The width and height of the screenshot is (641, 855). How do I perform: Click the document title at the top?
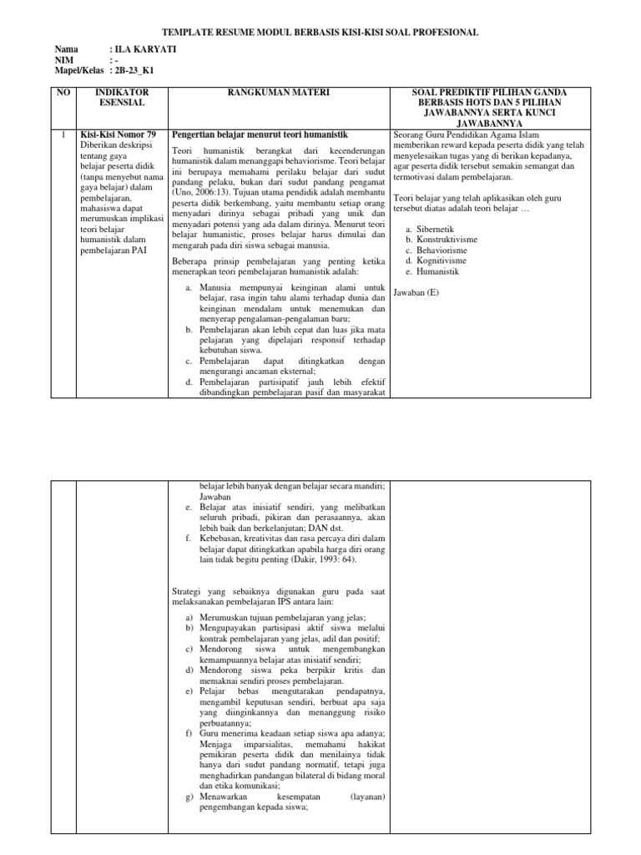(320, 32)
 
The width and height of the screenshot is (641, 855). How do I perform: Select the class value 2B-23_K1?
(134, 71)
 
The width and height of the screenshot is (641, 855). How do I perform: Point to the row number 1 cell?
(63, 134)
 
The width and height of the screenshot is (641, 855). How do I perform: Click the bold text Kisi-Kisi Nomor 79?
(117, 134)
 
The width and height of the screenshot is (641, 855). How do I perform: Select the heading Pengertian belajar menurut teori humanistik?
(259, 134)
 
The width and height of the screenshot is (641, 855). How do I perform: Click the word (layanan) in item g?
(367, 796)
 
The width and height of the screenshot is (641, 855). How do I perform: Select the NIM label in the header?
(63, 61)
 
